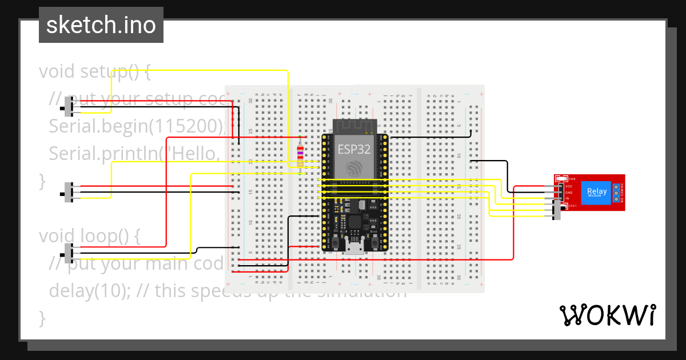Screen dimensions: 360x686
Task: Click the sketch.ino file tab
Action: tap(101, 25)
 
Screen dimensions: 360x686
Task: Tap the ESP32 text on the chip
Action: tap(353, 149)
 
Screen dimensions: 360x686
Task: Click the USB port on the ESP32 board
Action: tap(354, 247)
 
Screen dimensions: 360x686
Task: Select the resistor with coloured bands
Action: tap(300, 155)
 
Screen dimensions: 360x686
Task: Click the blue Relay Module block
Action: tap(597, 192)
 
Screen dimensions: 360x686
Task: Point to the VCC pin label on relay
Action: tap(568, 186)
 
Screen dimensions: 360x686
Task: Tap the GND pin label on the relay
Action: tap(568, 193)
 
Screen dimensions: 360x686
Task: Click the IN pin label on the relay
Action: tap(567, 198)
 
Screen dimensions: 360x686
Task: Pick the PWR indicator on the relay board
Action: tap(571, 179)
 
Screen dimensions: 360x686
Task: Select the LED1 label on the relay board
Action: tap(570, 206)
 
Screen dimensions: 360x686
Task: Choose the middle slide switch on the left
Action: tap(70, 193)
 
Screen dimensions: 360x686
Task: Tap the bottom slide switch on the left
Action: tap(70, 253)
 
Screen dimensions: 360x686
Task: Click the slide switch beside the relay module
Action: tap(557, 210)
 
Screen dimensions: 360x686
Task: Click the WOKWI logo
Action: tap(607, 315)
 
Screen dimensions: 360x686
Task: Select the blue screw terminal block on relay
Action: tap(617, 193)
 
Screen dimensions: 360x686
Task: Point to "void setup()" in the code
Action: tap(94, 72)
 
